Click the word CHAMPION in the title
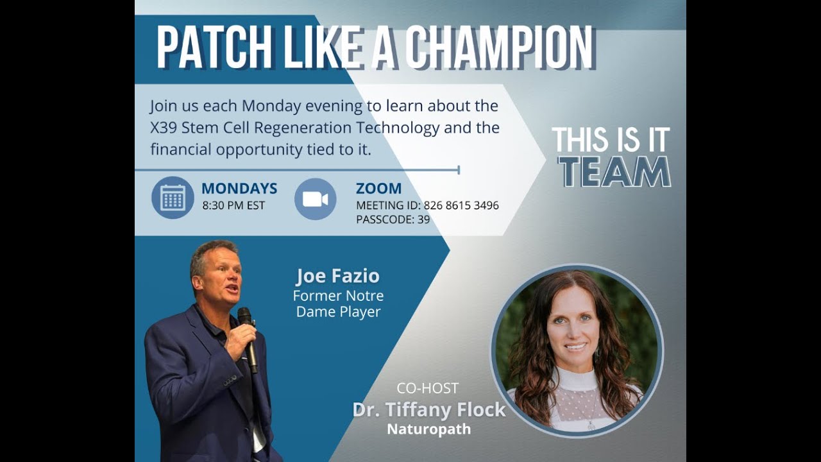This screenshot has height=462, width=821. pyautogui.click(x=499, y=48)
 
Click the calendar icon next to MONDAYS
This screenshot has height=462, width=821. pyautogui.click(x=173, y=198)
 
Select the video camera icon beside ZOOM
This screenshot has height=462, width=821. pyautogui.click(x=315, y=199)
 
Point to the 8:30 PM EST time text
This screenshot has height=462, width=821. pyautogui.click(x=233, y=206)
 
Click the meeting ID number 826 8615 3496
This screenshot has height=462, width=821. pyautogui.click(x=461, y=206)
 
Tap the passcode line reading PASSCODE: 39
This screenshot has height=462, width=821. pyautogui.click(x=393, y=219)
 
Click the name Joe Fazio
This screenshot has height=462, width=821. pyautogui.click(x=338, y=277)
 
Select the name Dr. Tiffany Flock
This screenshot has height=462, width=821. pyautogui.click(x=429, y=410)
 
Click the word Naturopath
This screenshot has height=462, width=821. pyautogui.click(x=428, y=429)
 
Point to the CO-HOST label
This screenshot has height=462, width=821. pyautogui.click(x=427, y=388)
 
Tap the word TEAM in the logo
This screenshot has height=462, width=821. pyautogui.click(x=614, y=171)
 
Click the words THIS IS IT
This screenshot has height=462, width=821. pyautogui.click(x=611, y=140)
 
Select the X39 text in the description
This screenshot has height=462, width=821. pyautogui.click(x=164, y=127)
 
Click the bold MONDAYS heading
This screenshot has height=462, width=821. pyautogui.click(x=239, y=189)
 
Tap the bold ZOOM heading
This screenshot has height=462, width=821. pyautogui.click(x=378, y=189)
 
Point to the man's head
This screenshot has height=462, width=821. pyautogui.click(x=216, y=269)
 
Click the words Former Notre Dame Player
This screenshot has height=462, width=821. pyautogui.click(x=338, y=304)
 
